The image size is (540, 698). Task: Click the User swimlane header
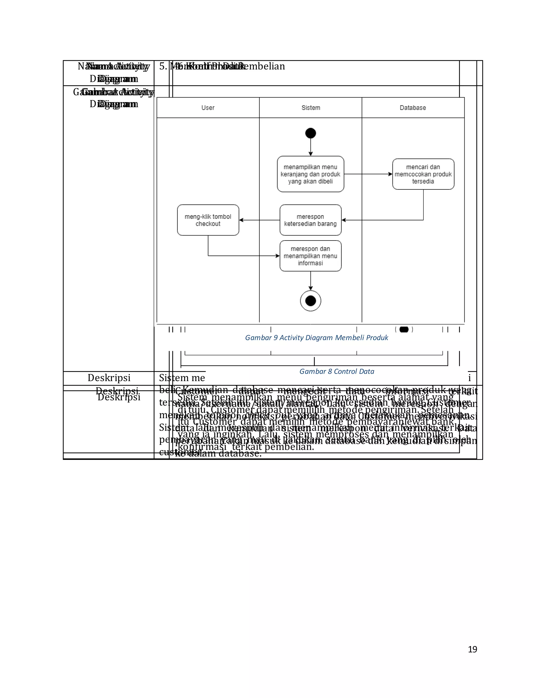(208, 108)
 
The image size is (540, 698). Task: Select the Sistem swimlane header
(311, 108)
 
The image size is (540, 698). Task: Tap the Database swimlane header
(413, 108)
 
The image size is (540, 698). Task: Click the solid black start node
(311, 133)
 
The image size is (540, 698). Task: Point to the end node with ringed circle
(311, 301)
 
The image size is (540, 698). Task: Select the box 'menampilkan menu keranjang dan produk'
(311, 174)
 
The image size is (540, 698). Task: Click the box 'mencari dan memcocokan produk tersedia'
(423, 174)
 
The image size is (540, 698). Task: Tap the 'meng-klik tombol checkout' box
(208, 220)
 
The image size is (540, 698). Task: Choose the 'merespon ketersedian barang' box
(311, 220)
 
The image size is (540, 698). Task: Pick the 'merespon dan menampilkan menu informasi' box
(311, 256)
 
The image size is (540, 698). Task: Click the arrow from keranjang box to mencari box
(368, 174)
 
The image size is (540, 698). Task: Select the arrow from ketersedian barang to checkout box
(259, 220)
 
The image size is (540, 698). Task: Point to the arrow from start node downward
(311, 147)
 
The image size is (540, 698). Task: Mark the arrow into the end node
(311, 281)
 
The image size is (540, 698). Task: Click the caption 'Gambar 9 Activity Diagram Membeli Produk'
(316, 338)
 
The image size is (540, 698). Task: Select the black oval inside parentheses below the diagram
(404, 330)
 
